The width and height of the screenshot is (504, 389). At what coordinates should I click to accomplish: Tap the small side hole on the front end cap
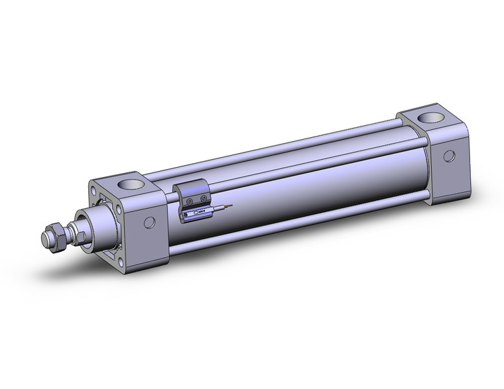[x=149, y=223]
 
